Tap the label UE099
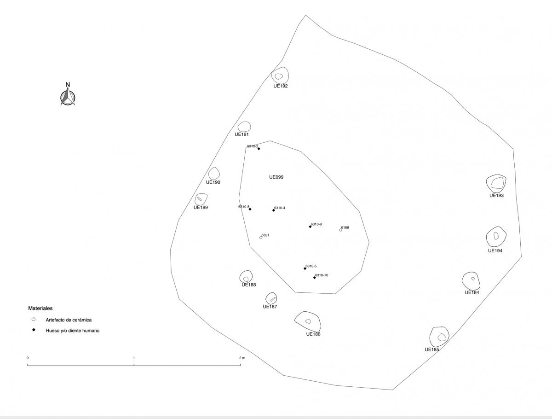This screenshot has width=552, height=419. (276, 177)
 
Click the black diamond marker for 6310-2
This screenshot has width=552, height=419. (259, 149)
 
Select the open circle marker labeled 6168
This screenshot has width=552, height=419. (340, 230)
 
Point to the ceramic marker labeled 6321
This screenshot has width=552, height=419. (261, 238)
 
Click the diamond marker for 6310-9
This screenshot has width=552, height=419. (310, 227)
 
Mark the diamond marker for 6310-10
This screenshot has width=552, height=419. (314, 278)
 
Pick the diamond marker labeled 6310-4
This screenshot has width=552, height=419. (274, 210)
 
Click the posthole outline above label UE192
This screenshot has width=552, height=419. (288, 75)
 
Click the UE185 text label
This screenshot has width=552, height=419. (432, 349)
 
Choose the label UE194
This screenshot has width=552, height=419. (495, 250)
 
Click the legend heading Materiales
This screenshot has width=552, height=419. (40, 308)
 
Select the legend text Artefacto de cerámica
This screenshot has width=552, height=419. (69, 320)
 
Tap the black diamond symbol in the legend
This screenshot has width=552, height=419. (34, 330)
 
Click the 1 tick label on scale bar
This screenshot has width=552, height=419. (134, 358)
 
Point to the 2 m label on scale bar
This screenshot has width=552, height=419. (242, 358)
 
